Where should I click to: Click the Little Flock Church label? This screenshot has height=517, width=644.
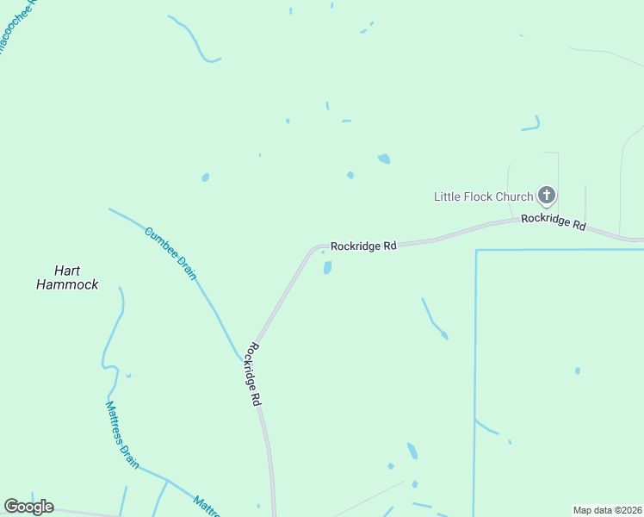(x=483, y=196)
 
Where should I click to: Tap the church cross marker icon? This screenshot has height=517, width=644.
(x=546, y=196)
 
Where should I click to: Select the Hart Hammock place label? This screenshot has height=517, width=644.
(x=67, y=277)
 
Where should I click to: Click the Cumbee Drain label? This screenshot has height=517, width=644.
(x=171, y=253)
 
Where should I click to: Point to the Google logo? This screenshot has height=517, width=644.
(x=28, y=507)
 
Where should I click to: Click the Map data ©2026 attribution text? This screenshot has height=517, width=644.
(x=608, y=510)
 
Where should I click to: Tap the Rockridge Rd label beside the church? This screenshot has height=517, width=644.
(x=554, y=221)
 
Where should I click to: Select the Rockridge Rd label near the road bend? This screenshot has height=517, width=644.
(x=363, y=246)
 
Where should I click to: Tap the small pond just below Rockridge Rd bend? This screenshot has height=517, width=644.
(x=327, y=268)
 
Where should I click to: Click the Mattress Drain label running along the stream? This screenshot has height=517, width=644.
(x=122, y=434)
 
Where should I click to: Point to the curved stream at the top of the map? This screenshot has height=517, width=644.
(x=196, y=41)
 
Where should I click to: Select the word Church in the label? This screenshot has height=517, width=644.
(x=514, y=196)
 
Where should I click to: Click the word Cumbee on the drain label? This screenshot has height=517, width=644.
(x=160, y=241)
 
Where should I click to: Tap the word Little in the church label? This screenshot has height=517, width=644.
(x=446, y=196)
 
